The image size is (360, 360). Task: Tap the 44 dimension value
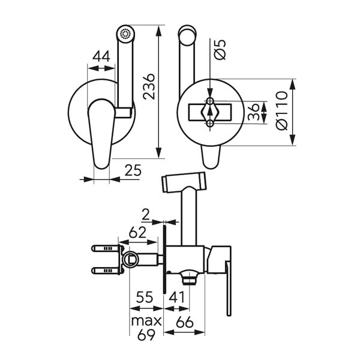point(100,57)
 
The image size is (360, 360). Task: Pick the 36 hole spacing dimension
point(254,112)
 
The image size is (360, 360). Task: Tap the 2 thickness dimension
point(146,214)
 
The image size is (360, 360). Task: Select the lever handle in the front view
point(98,129)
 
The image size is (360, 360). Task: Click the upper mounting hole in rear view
point(210,101)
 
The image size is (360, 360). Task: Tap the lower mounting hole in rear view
point(210,124)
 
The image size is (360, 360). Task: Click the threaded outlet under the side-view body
point(190,278)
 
